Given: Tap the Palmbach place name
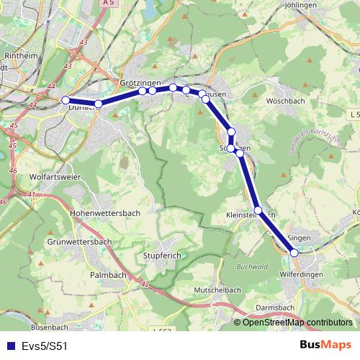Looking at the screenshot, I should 109,275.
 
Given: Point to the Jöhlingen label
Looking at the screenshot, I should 301,5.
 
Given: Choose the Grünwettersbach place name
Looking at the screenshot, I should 76,242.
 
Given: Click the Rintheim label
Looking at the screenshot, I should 17,55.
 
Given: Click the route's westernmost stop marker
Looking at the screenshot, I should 66,100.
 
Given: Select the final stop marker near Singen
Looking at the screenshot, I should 294,252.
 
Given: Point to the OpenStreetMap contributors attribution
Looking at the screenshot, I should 297,323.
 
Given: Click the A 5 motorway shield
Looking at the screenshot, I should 108,4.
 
